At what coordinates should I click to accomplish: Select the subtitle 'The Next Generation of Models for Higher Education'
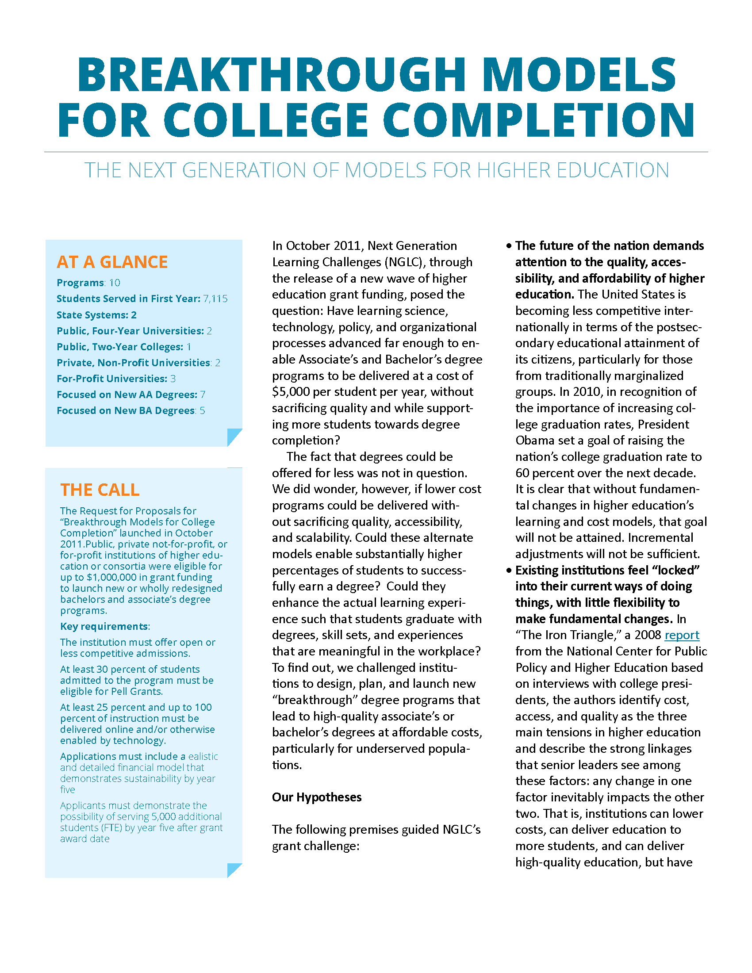(376, 170)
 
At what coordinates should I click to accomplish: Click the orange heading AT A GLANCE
(112, 262)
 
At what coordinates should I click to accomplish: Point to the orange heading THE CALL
(100, 490)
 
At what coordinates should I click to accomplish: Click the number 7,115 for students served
(215, 299)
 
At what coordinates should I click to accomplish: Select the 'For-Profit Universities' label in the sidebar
(112, 379)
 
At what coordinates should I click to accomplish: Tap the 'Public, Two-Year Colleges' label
(120, 347)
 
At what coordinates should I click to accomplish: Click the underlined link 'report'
(682, 635)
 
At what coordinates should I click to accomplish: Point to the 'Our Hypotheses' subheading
(317, 797)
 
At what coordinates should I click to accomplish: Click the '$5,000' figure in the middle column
(291, 392)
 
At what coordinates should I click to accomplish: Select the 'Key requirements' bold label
(104, 626)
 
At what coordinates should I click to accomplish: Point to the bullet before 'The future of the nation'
(509, 246)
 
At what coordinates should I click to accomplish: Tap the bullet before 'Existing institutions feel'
(509, 571)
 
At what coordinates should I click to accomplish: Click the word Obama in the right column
(534, 441)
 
